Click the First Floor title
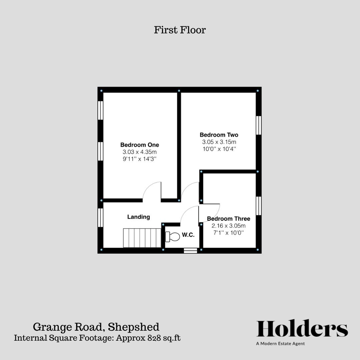(x=180, y=30)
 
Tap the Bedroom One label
(x=139, y=145)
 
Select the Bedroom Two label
(x=219, y=135)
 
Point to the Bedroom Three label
(x=228, y=219)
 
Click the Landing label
(x=139, y=217)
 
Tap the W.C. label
(x=188, y=235)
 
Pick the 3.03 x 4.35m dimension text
(x=139, y=152)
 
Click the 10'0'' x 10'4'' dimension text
(x=219, y=149)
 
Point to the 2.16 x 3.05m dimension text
(x=228, y=226)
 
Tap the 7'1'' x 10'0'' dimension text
(x=228, y=233)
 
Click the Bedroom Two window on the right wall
(x=258, y=125)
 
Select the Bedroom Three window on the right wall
(x=258, y=206)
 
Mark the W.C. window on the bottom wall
(x=190, y=251)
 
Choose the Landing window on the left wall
(x=100, y=218)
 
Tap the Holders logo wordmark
(x=302, y=329)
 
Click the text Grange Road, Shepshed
(x=96, y=327)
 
